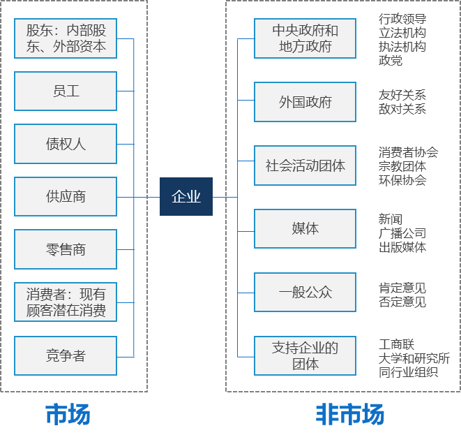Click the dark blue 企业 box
coord(186,197)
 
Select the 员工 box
coord(66,91)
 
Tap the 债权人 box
coord(66,144)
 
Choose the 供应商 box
coord(66,197)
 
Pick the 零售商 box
coord(66,249)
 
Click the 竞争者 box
coord(66,356)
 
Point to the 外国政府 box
coord(305,102)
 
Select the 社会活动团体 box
coord(305,165)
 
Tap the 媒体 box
coord(305,228)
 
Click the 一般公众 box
coord(305,292)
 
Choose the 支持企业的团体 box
coord(305,356)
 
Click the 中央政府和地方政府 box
coord(305,38)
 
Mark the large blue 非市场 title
coord(350,414)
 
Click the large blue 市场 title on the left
coord(68,414)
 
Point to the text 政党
coord(391,61)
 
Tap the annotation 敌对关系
coord(402,109)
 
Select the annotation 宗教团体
coord(402,166)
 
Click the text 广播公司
coord(402,233)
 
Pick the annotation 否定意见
coord(402,302)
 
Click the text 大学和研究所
coord(414,358)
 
